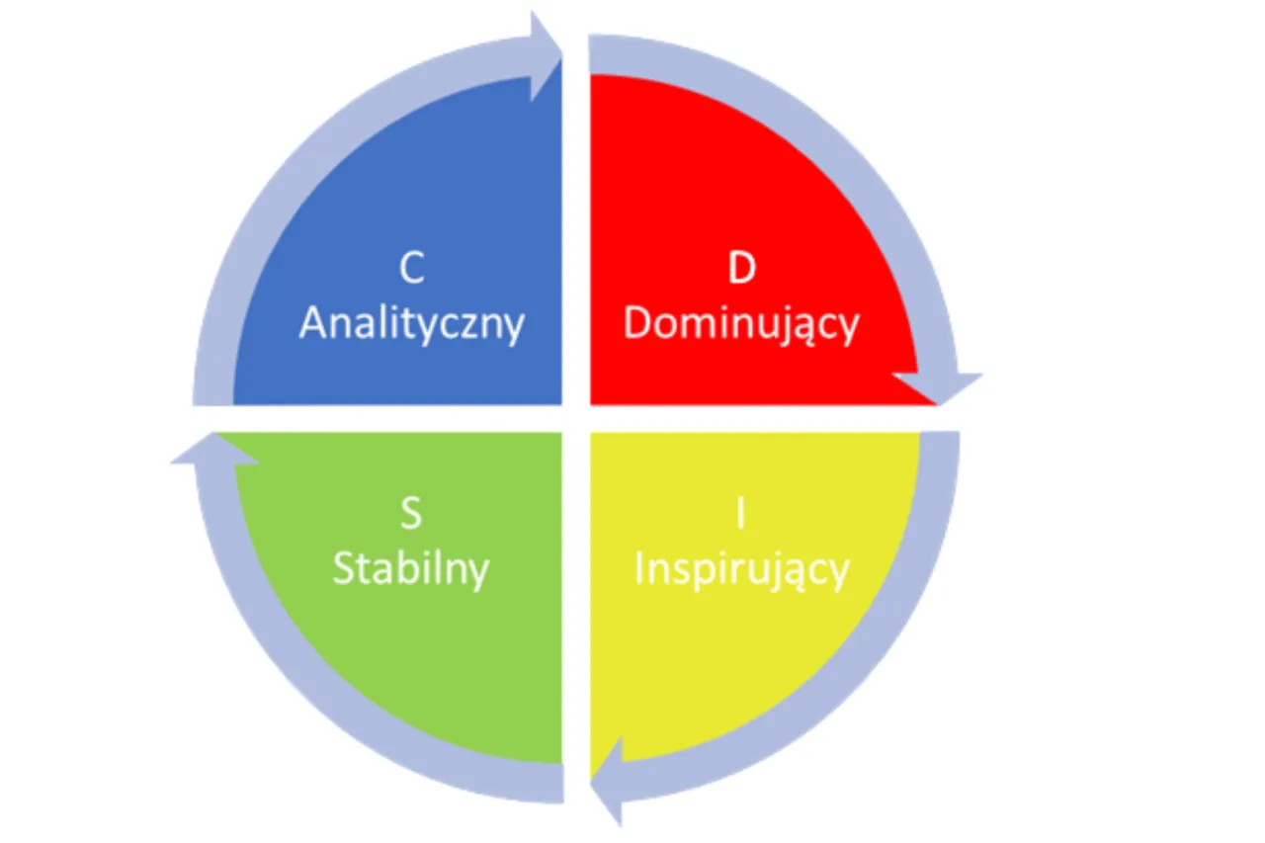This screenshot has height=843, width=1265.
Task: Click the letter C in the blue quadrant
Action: point(412,268)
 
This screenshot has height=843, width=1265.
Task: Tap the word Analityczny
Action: point(412,325)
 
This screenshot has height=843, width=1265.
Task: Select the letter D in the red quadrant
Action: point(741,268)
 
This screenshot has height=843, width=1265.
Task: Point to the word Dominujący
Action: point(741,325)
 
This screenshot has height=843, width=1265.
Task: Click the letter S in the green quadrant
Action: point(411,513)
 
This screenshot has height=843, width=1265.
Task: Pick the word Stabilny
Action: point(411,570)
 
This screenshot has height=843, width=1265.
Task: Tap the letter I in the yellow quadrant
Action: point(741,513)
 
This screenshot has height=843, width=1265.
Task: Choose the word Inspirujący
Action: point(742,570)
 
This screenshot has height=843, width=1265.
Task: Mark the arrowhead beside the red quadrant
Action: point(938,388)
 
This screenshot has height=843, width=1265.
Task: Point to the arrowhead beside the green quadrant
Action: point(214,449)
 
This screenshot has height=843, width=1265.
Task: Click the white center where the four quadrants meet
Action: point(576,418)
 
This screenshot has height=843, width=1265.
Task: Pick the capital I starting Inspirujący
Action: point(639,568)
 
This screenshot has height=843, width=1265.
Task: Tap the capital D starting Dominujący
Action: point(637,323)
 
